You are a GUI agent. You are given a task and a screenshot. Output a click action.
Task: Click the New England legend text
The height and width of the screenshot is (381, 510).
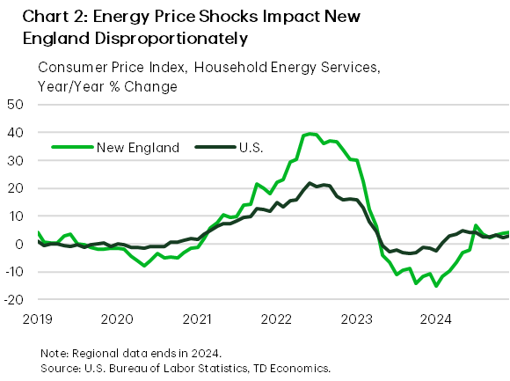(x=139, y=147)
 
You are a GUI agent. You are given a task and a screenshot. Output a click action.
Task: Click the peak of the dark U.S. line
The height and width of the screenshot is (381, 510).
(x=310, y=183)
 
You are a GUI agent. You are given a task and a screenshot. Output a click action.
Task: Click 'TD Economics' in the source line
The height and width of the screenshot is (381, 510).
(x=290, y=367)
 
